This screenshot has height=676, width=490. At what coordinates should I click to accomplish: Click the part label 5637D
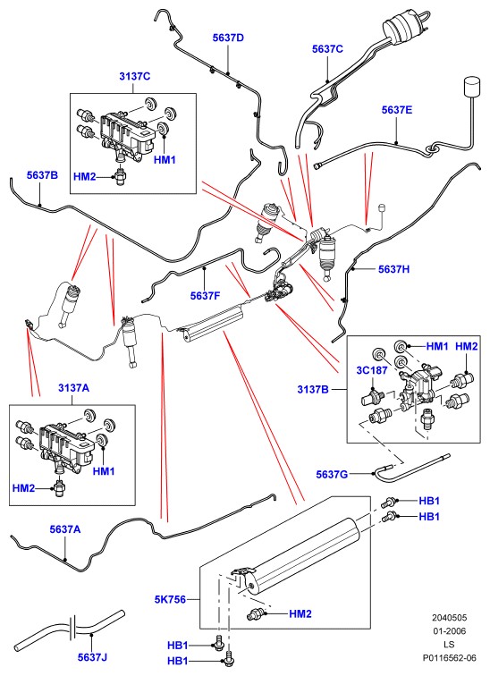(228, 38)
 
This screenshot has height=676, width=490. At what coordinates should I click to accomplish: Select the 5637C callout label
(327, 49)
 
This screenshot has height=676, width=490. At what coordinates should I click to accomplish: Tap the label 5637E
(397, 110)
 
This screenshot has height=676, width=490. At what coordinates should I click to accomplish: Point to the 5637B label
(42, 175)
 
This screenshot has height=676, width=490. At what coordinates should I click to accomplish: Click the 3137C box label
(134, 77)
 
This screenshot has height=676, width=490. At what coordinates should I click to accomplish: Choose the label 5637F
(205, 296)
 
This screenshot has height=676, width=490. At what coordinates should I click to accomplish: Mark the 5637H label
(394, 269)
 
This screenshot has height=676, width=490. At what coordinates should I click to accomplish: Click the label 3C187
(371, 370)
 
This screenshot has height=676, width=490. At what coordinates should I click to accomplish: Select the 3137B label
(313, 390)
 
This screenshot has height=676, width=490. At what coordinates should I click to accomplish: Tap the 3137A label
(73, 388)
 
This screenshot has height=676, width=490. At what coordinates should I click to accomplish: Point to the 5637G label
(332, 475)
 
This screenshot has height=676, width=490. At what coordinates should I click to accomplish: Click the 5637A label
(65, 529)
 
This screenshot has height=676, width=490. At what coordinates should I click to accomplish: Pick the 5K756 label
(170, 600)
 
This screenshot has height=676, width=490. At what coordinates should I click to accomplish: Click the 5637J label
(92, 657)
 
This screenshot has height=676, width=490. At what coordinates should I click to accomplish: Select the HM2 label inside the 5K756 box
(300, 614)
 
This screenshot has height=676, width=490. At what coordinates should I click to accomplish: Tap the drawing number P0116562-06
(450, 658)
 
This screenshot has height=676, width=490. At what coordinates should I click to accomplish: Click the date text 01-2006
(450, 631)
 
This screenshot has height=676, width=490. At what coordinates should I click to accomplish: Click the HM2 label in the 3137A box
(23, 488)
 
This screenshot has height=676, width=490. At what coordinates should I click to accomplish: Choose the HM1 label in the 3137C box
(165, 160)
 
